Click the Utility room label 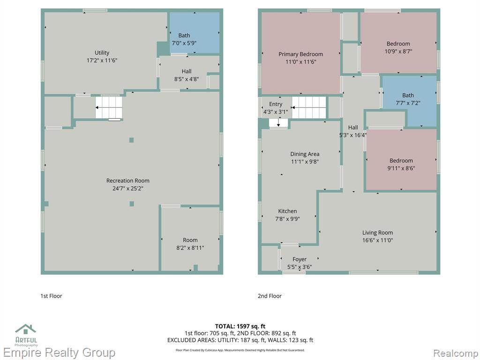[x=102, y=52]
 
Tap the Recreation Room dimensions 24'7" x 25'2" [x=128, y=188]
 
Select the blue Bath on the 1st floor [x=195, y=32]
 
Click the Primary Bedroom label [x=300, y=54]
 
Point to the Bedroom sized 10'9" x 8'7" [x=398, y=43]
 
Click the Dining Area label [x=305, y=154]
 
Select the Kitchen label [x=287, y=211]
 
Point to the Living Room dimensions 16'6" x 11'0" [x=378, y=240]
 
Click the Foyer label [x=300, y=259]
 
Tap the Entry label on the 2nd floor [x=276, y=104]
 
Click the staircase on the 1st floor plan [x=109, y=107]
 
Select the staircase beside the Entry [x=309, y=107]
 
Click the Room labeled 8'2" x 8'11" [x=190, y=240]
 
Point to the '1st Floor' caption [x=51, y=296]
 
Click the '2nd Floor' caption [x=270, y=296]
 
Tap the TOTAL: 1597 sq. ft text [x=240, y=326]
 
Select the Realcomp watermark [x=456, y=353]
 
